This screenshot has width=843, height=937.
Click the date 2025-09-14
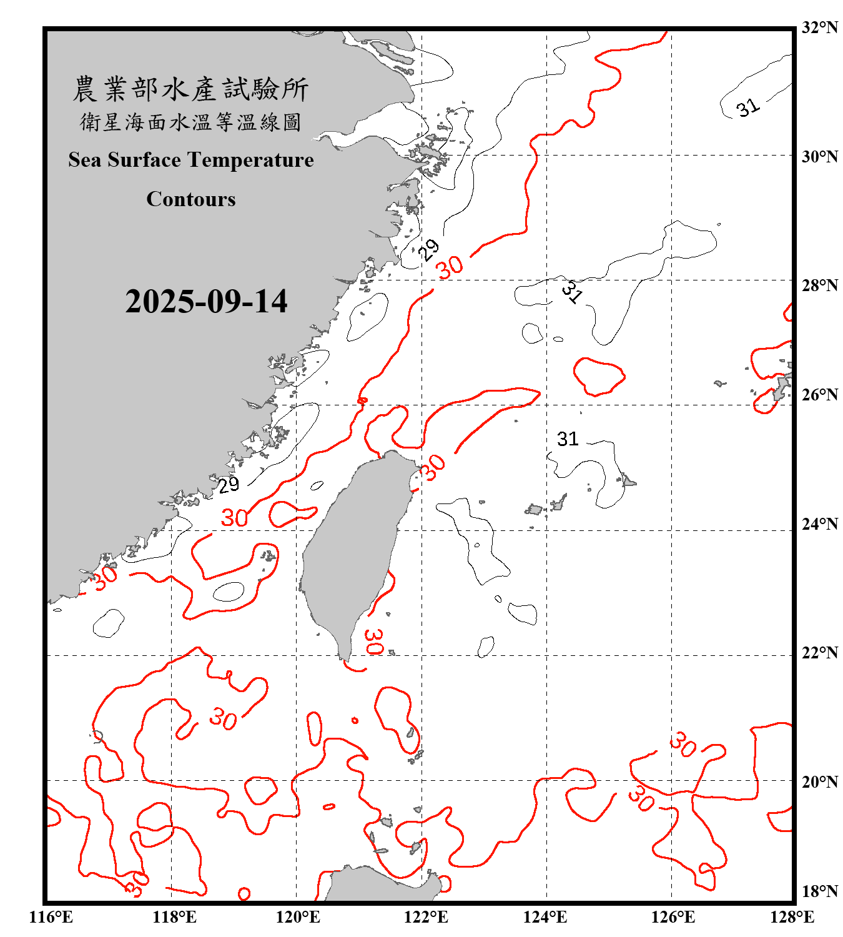(x=206, y=302)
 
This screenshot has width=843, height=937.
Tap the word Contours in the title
(x=191, y=199)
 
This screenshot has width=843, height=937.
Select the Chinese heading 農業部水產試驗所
(x=190, y=89)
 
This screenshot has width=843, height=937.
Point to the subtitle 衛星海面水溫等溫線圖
(x=190, y=122)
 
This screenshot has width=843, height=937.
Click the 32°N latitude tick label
(x=819, y=27)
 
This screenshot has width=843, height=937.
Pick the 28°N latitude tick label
(x=819, y=285)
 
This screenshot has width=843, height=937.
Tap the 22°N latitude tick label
(x=819, y=653)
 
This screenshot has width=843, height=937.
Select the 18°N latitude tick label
(x=819, y=891)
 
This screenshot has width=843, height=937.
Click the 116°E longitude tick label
(x=51, y=917)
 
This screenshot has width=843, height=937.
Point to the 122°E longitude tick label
(x=426, y=917)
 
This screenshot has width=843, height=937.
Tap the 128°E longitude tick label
(x=792, y=917)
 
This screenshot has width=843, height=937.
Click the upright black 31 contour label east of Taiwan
(x=568, y=439)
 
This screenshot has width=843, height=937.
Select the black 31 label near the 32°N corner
(x=747, y=108)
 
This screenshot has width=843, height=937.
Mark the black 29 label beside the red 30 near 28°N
(x=428, y=250)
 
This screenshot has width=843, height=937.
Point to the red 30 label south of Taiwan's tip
(x=373, y=642)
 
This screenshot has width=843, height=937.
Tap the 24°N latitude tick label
(x=819, y=524)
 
